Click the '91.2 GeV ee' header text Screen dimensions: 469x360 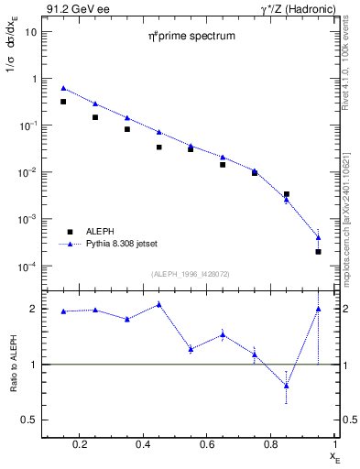[x=73, y=7]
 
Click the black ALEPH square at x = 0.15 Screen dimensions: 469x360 [x=63, y=102]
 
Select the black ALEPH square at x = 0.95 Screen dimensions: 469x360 [x=318, y=251]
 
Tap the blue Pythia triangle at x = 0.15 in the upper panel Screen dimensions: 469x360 [x=63, y=89]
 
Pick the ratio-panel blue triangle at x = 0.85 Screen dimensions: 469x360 [x=286, y=386]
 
